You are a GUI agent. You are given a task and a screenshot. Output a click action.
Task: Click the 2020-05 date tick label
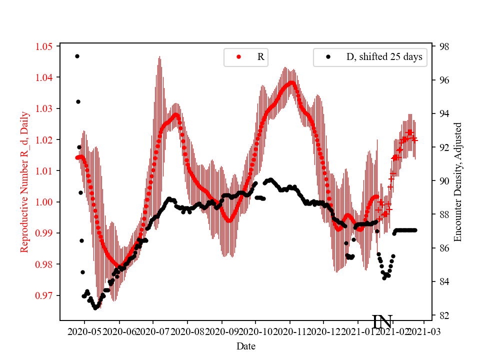(x=84, y=331)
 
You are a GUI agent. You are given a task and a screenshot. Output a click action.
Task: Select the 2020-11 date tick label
(x=290, y=331)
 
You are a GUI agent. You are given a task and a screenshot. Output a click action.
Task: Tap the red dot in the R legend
(x=238, y=57)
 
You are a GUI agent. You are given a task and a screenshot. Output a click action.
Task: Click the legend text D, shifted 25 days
(x=384, y=57)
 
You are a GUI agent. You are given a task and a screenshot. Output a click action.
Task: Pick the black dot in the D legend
(x=328, y=57)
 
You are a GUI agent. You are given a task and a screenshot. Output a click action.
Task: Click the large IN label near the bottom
(x=382, y=322)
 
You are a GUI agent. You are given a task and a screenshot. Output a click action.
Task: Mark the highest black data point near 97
(x=77, y=56)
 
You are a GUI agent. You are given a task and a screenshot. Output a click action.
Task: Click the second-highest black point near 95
(x=78, y=101)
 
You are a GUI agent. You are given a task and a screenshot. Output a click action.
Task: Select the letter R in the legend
(x=260, y=57)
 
